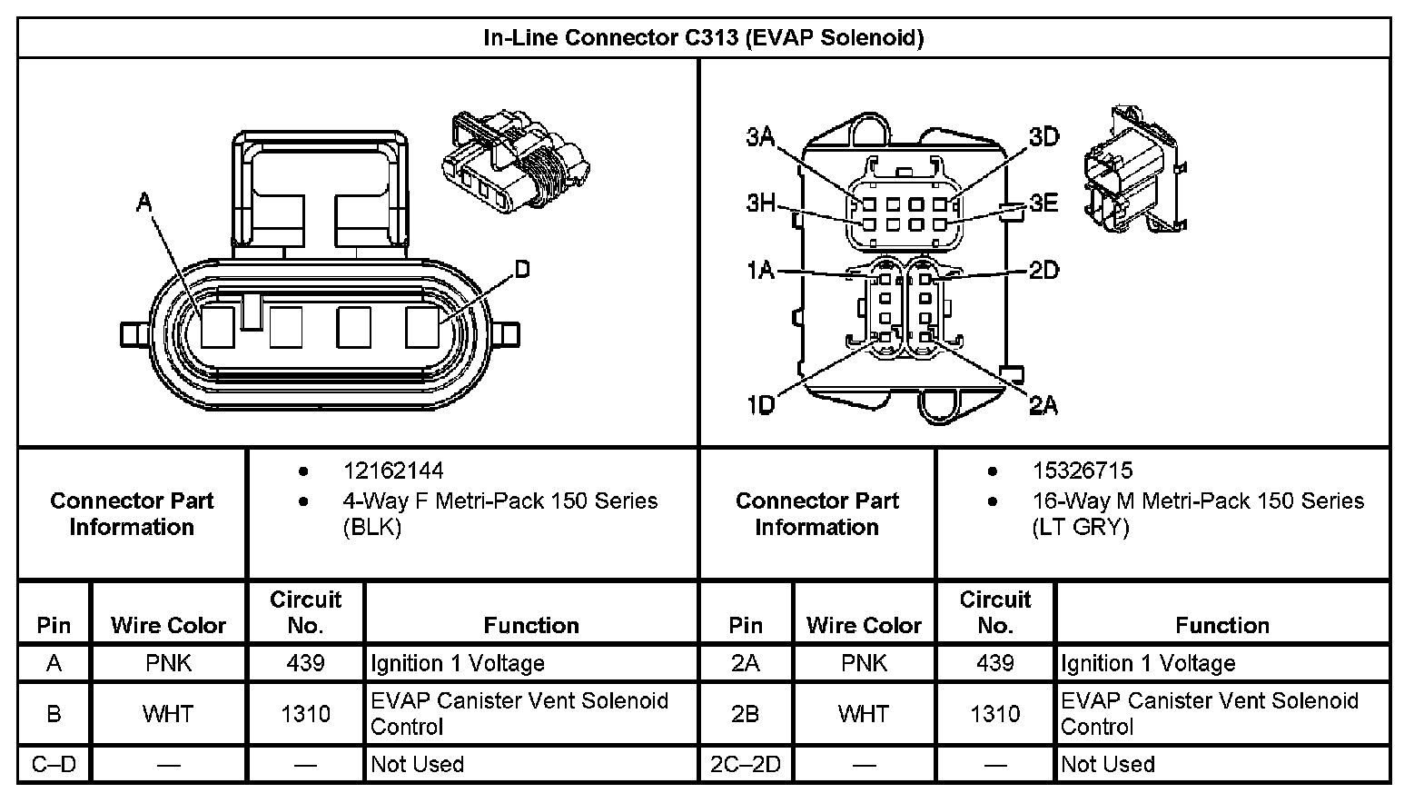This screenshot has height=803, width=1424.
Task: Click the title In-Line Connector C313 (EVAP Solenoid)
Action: pyautogui.click(x=703, y=38)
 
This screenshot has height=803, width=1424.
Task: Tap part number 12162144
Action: pyautogui.click(x=393, y=471)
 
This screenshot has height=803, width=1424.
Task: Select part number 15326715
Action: pyautogui.click(x=1083, y=471)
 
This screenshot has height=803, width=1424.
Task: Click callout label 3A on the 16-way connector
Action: pyautogui.click(x=760, y=137)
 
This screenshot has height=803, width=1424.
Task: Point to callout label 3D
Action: pyautogui.click(x=1044, y=137)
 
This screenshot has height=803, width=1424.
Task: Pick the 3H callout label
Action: pyautogui.click(x=761, y=203)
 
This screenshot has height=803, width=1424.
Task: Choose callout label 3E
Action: pyautogui.click(x=1044, y=203)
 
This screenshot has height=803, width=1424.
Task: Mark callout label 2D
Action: pyautogui.click(x=1044, y=270)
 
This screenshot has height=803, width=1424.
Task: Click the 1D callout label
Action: pyautogui.click(x=760, y=405)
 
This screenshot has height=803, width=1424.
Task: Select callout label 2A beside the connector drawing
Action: pyautogui.click(x=1044, y=405)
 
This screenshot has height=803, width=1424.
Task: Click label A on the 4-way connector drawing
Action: pyautogui.click(x=143, y=203)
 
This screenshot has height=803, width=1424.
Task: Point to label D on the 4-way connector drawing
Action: pyautogui.click(x=522, y=269)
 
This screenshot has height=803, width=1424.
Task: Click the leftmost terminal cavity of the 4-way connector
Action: pyautogui.click(x=218, y=327)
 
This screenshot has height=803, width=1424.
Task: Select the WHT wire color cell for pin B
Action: pyautogui.click(x=168, y=714)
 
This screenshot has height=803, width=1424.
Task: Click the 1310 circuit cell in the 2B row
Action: pyautogui.click(x=994, y=714)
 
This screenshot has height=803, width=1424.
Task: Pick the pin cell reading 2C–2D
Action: pyautogui.click(x=746, y=765)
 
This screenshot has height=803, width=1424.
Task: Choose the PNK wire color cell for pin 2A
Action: pyautogui.click(x=864, y=664)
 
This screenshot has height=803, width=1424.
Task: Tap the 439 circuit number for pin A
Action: pyautogui.click(x=305, y=664)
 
